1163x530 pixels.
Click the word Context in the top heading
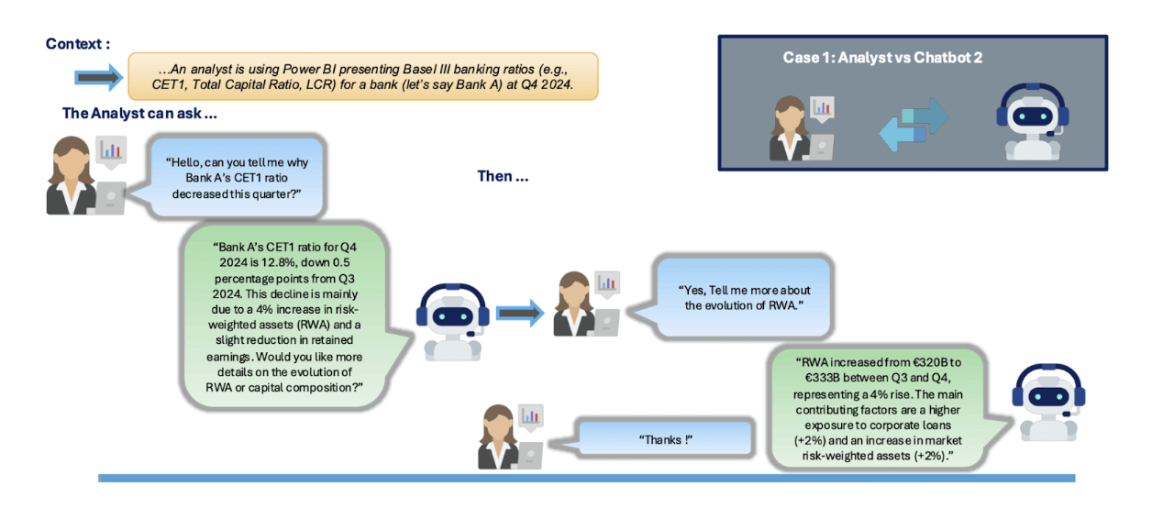(x=73, y=44)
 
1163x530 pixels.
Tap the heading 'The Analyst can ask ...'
(x=139, y=114)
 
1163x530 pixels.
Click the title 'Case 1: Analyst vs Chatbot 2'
(x=882, y=57)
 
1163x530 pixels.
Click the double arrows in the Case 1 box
(x=914, y=125)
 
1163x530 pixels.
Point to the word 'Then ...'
(x=503, y=176)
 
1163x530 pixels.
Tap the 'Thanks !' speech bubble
(x=664, y=440)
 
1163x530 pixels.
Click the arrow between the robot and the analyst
(x=520, y=313)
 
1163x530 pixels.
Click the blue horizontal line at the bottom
(x=586, y=478)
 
